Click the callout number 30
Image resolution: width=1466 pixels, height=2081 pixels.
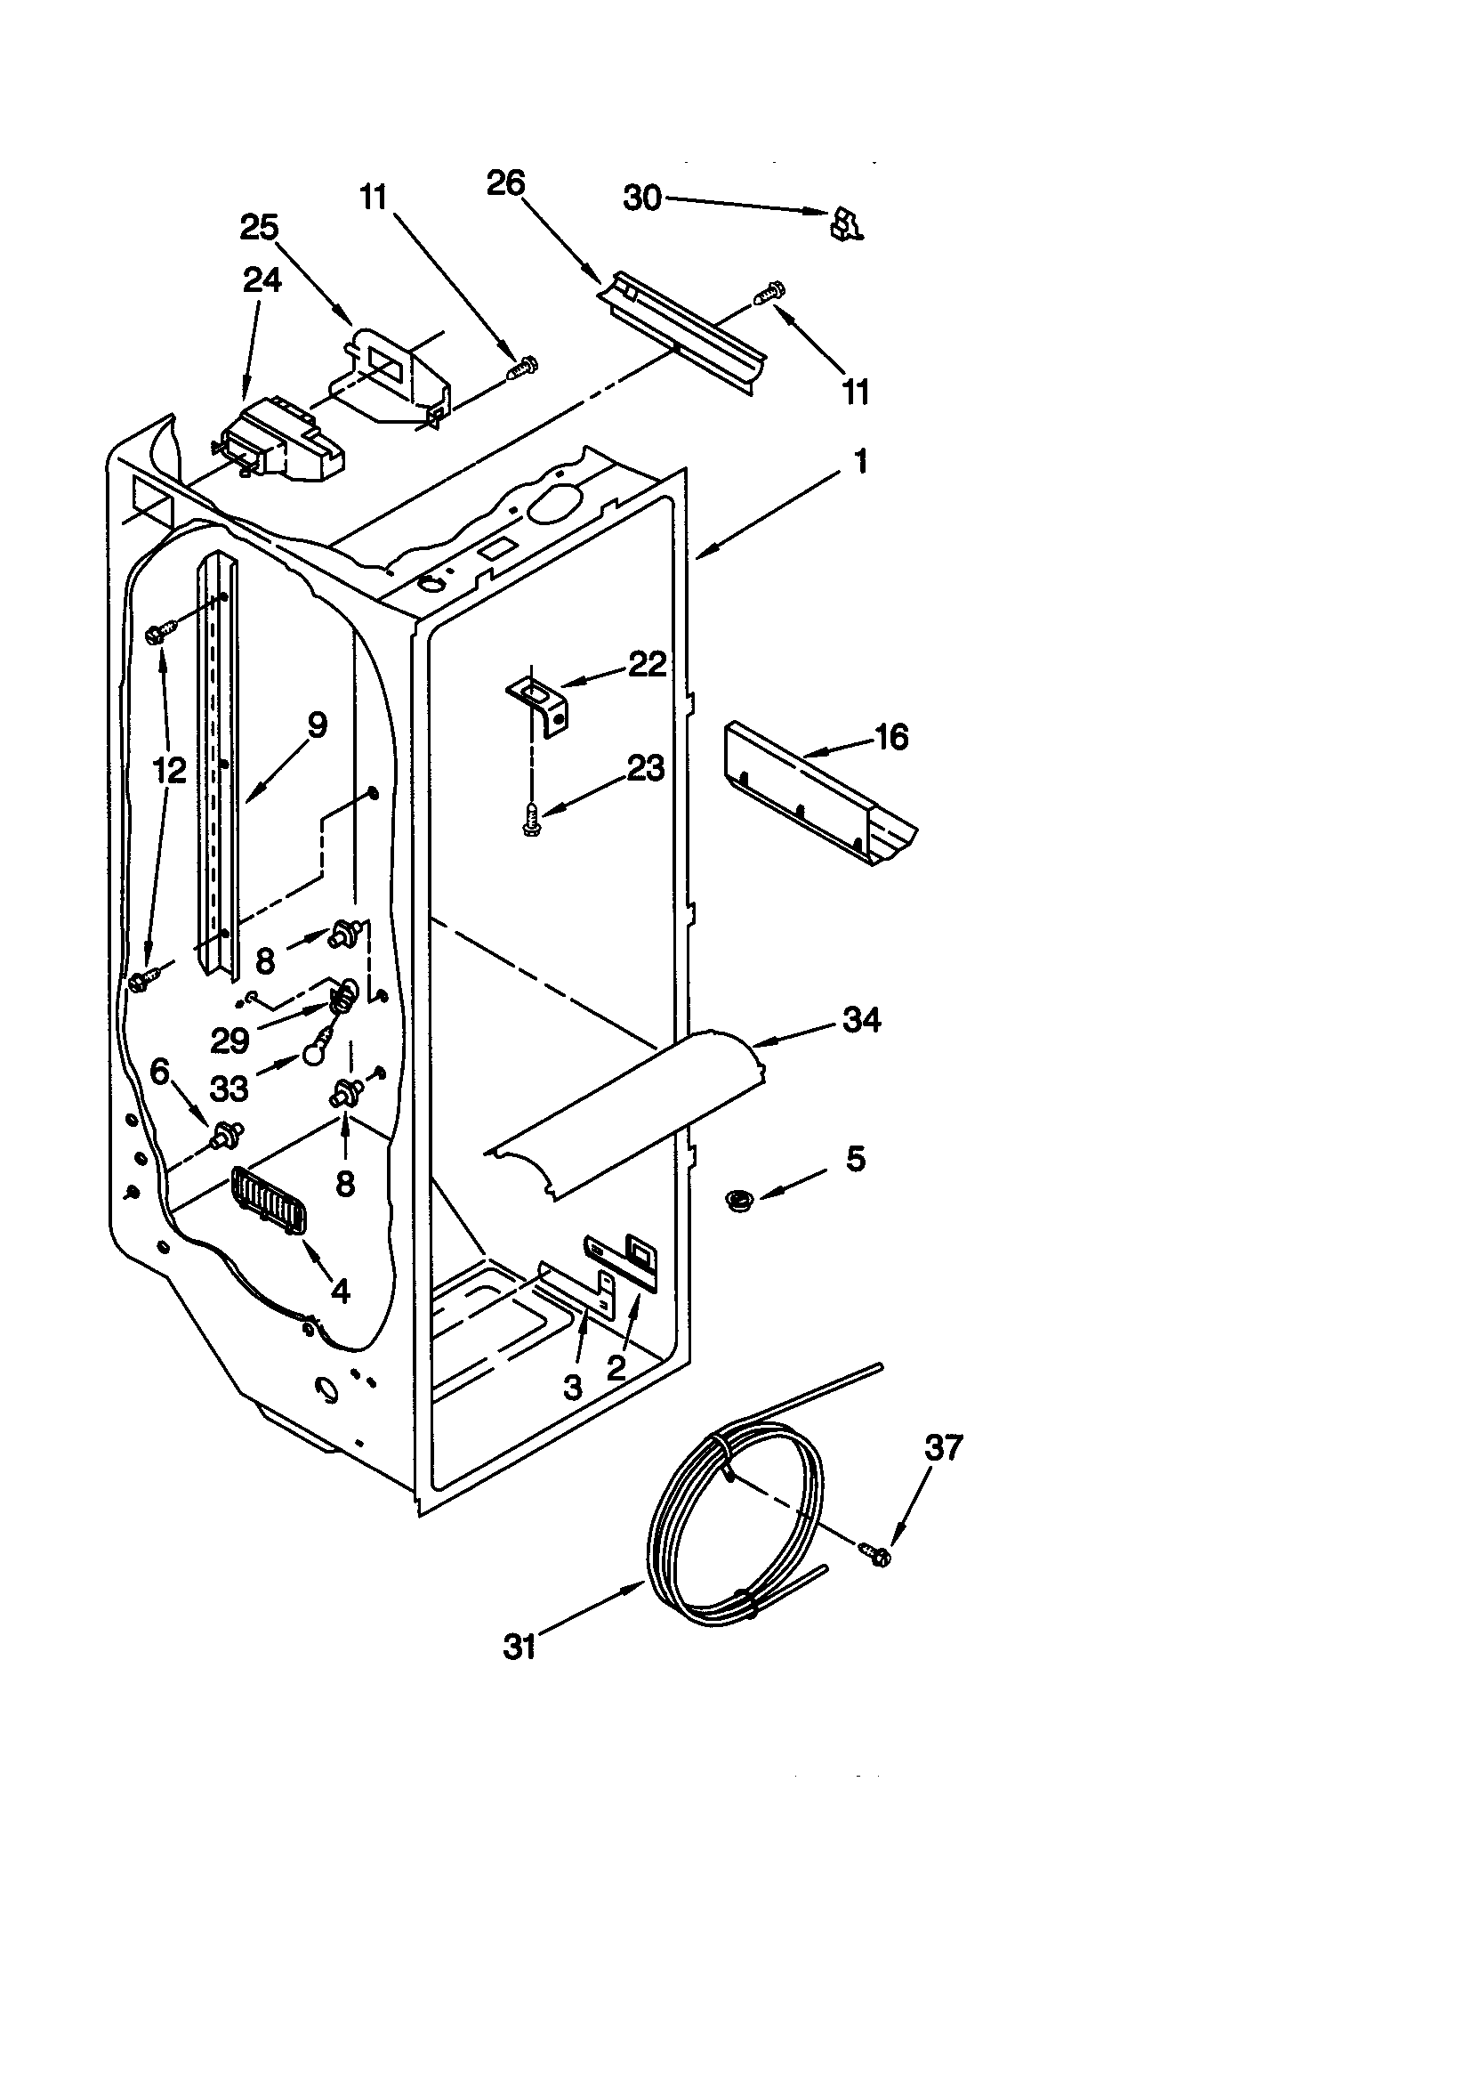(x=642, y=198)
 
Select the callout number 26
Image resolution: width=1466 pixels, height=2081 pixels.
(x=505, y=183)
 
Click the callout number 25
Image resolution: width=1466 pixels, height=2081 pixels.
(x=259, y=228)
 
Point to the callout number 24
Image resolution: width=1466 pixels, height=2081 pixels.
(x=262, y=280)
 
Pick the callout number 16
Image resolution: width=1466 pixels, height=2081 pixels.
(x=890, y=737)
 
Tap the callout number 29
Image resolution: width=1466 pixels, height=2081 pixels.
(x=230, y=1040)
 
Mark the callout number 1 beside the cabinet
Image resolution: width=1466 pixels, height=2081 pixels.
(x=861, y=461)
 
